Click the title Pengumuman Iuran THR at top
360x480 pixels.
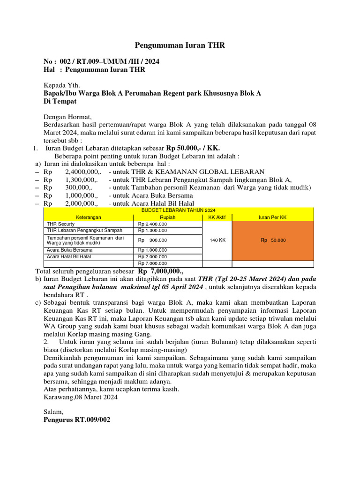(x=180, y=45)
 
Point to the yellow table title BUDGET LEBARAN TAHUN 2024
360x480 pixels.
(x=179, y=211)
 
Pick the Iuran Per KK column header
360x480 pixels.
(x=273, y=217)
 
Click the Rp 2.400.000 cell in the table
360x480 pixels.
(x=153, y=224)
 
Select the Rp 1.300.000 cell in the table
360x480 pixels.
(x=153, y=231)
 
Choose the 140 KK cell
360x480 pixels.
(x=217, y=240)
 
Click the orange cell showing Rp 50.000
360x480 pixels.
(x=273, y=240)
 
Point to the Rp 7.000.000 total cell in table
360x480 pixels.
(x=153, y=264)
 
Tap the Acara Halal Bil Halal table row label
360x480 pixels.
(x=69, y=257)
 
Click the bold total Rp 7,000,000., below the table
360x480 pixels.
(x=161, y=271)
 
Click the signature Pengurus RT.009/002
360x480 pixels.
(x=77, y=420)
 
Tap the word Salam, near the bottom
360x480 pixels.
(x=53, y=412)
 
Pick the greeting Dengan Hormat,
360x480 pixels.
(x=68, y=117)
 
